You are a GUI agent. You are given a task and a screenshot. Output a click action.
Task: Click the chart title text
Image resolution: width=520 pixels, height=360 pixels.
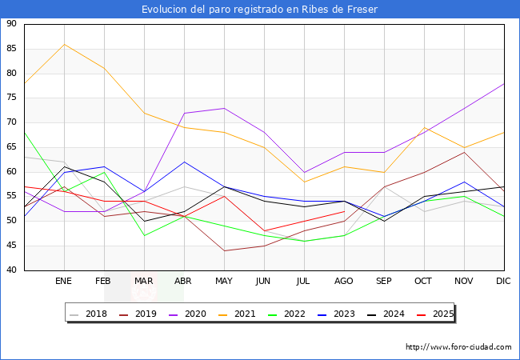[259, 9]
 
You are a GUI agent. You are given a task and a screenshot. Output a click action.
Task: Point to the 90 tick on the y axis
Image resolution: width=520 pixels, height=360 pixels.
[11, 24]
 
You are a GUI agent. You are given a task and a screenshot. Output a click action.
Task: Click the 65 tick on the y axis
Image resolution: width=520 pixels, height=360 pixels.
[11, 147]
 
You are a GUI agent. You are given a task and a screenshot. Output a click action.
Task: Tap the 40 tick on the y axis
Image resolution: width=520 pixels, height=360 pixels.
[11, 270]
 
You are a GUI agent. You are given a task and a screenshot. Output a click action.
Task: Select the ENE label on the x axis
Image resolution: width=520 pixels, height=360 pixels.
[64, 282]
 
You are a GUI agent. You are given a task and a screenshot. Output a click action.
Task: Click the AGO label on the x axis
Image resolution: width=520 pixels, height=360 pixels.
[344, 282]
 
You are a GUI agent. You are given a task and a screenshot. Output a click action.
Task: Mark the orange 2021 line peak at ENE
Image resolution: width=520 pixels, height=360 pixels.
[64, 44]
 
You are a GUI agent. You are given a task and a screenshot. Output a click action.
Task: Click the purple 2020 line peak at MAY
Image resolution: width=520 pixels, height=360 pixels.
[224, 108]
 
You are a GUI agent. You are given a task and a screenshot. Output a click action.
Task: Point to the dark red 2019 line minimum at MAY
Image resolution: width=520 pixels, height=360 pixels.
[224, 250]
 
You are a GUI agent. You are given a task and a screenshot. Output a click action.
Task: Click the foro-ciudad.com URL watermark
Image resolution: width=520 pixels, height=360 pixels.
[458, 347]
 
